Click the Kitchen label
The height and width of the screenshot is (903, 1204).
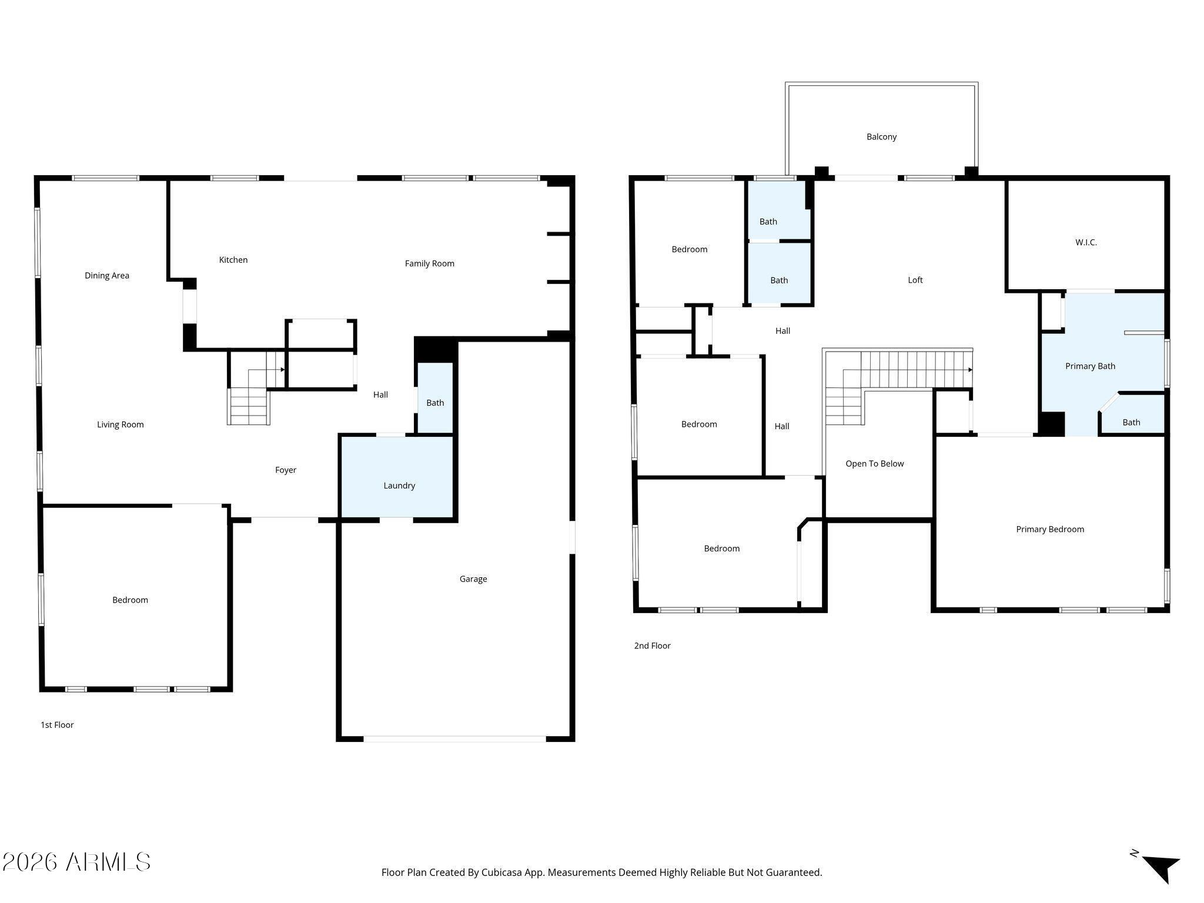[233, 260]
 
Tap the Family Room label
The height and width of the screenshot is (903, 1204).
[430, 263]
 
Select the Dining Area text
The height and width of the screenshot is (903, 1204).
[107, 276]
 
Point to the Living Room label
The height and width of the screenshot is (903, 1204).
[121, 424]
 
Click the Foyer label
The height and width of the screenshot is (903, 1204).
[286, 470]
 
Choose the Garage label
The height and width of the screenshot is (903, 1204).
[473, 579]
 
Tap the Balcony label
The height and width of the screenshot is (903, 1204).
[882, 137]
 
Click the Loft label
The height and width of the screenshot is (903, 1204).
[915, 280]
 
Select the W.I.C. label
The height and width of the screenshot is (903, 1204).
[1086, 242]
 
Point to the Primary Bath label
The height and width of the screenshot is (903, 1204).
[1091, 366]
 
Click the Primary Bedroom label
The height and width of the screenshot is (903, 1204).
[1050, 529]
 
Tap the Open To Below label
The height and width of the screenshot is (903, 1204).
[875, 464]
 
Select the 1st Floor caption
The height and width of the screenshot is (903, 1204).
[57, 725]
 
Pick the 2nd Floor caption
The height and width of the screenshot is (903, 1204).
[653, 646]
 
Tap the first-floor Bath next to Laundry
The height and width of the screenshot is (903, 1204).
[435, 399]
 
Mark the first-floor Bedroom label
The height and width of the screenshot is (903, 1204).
[131, 600]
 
